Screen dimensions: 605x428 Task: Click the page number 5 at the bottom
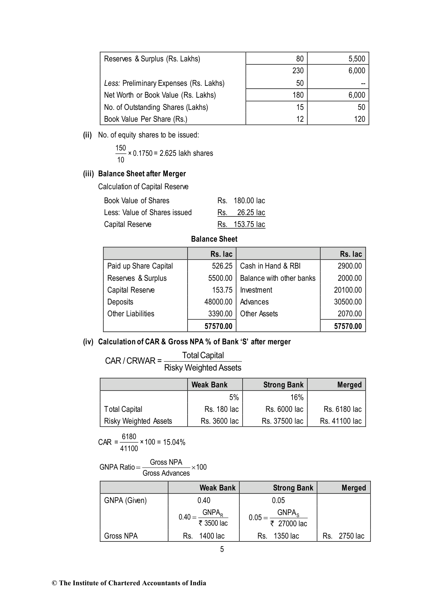pos(222,549)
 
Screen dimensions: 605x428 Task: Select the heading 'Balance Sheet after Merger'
pos(142,174)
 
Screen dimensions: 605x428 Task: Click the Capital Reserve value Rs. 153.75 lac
pos(241,224)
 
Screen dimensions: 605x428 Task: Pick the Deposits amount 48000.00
pos(218,302)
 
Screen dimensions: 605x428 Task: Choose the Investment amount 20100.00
pos(348,290)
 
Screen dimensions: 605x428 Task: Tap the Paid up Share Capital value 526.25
pos(222,266)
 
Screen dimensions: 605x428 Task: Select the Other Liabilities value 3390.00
pos(220,314)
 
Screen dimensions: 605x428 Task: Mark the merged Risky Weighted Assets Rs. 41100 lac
pos(340,421)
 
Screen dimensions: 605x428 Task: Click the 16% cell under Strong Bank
pos(297,397)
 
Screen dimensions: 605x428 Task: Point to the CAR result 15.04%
pos(174,442)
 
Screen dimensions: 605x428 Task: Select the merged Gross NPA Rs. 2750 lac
pos(343,536)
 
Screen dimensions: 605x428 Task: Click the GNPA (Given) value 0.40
pos(204,500)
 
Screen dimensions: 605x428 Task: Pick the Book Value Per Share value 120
pos(359,119)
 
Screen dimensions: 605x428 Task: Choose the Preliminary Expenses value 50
pos(300,83)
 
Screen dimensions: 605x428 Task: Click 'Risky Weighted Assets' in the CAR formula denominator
pos(203,368)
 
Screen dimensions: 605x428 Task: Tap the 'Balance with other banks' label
pos(277,278)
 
